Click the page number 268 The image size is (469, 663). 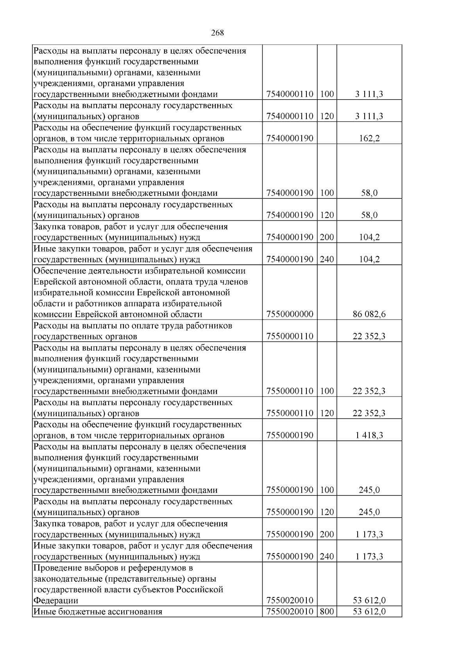click(217, 33)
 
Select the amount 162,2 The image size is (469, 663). click(369, 138)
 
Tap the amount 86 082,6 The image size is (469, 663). click(369, 315)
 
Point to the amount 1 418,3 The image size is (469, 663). click(369, 435)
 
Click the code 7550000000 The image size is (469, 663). click(290, 315)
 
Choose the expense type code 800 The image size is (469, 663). click(327, 611)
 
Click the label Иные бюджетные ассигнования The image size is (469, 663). click(98, 611)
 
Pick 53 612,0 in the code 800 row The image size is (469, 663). click(369, 611)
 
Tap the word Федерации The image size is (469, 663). click(56, 600)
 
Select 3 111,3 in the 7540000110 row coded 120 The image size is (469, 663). click(369, 116)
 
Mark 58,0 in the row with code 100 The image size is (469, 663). click(369, 193)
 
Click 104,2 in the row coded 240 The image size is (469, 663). click(369, 259)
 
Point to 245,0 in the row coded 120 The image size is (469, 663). click(369, 512)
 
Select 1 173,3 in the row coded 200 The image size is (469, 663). click(369, 534)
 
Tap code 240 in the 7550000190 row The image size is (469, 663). click(327, 556)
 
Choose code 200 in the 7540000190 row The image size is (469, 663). click(327, 237)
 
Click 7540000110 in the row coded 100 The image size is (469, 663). click(290, 94)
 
